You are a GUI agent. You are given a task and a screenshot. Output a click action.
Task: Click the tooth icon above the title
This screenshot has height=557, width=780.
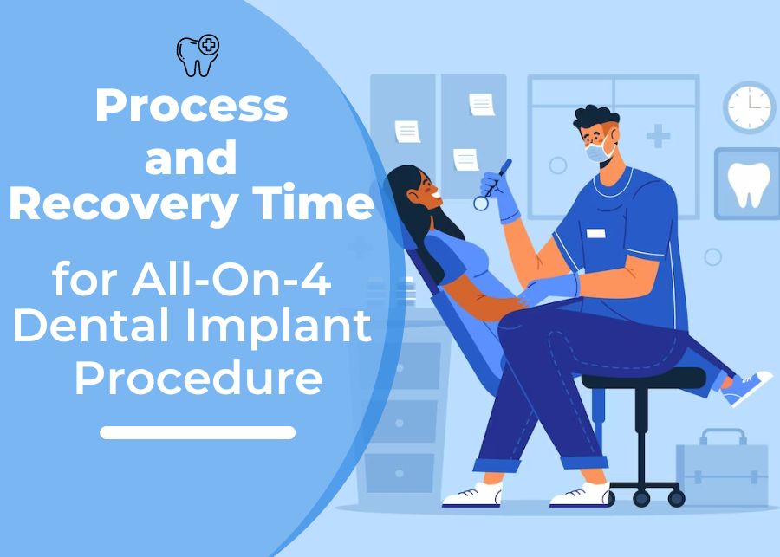198,55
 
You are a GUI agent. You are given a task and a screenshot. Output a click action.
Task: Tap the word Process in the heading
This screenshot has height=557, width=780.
192,106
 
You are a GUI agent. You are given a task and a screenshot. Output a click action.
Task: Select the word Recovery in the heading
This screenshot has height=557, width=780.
123,203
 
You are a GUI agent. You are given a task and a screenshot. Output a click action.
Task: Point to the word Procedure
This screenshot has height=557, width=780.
198,378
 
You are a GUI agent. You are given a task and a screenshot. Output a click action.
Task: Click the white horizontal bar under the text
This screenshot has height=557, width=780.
198,432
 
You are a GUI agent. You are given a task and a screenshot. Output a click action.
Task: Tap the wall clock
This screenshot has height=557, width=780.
749,107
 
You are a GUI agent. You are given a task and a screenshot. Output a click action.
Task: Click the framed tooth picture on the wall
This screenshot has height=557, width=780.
748,184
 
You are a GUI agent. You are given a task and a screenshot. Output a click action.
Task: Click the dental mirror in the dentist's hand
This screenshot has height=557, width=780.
492,185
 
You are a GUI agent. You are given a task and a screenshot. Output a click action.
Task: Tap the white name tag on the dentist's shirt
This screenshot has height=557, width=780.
595,233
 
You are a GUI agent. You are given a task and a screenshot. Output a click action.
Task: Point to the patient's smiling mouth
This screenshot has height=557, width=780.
436,194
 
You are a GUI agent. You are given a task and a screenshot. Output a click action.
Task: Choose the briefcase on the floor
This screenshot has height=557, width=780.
721,468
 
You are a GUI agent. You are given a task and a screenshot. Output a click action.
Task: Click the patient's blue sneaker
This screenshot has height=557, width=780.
746,388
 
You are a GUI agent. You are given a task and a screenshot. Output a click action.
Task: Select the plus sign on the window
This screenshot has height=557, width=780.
658,136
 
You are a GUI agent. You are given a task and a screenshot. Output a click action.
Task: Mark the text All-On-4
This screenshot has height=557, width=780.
231,280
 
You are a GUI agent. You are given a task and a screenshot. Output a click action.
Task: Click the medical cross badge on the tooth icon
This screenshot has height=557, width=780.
209,45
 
